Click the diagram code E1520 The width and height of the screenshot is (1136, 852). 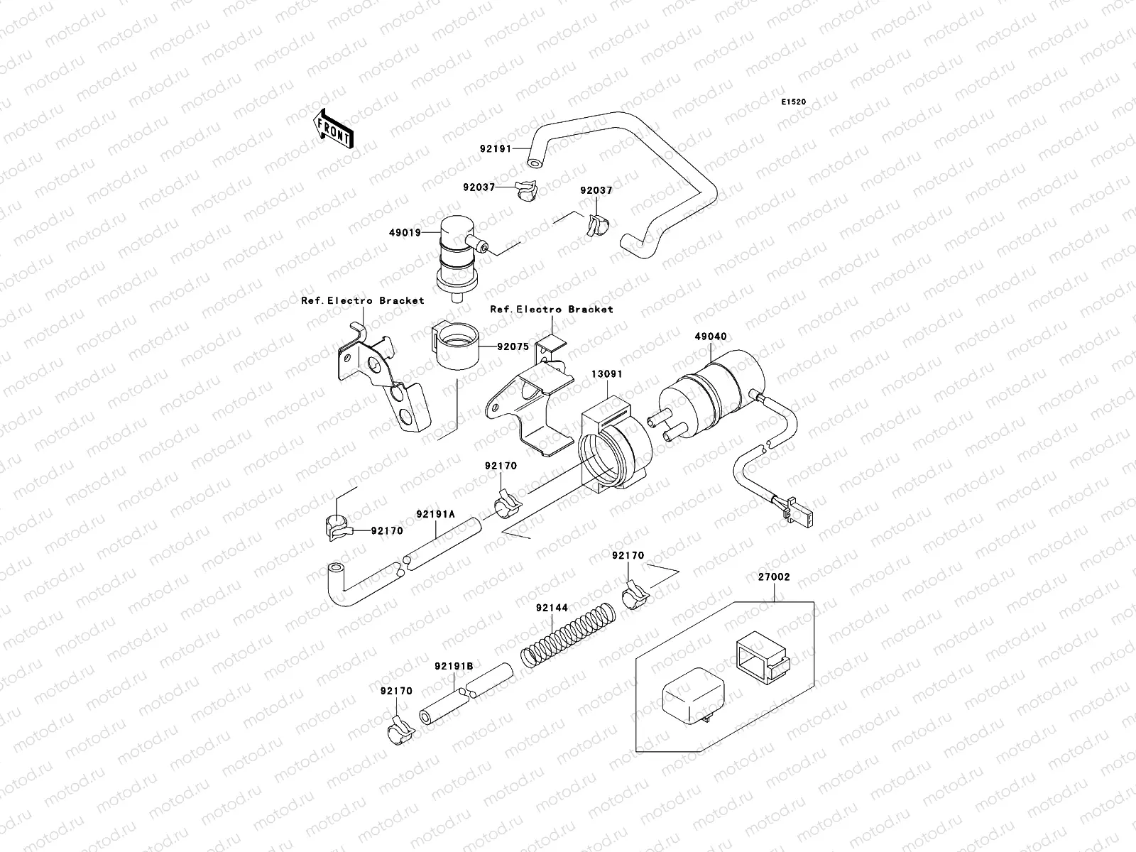[x=794, y=102]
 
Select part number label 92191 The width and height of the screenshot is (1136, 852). [x=496, y=149]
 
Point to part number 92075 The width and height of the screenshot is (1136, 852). [x=513, y=346]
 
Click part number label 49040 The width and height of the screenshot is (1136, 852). [x=711, y=337]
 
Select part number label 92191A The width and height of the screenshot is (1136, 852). [x=435, y=513]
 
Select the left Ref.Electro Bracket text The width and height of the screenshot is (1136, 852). [x=362, y=300]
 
